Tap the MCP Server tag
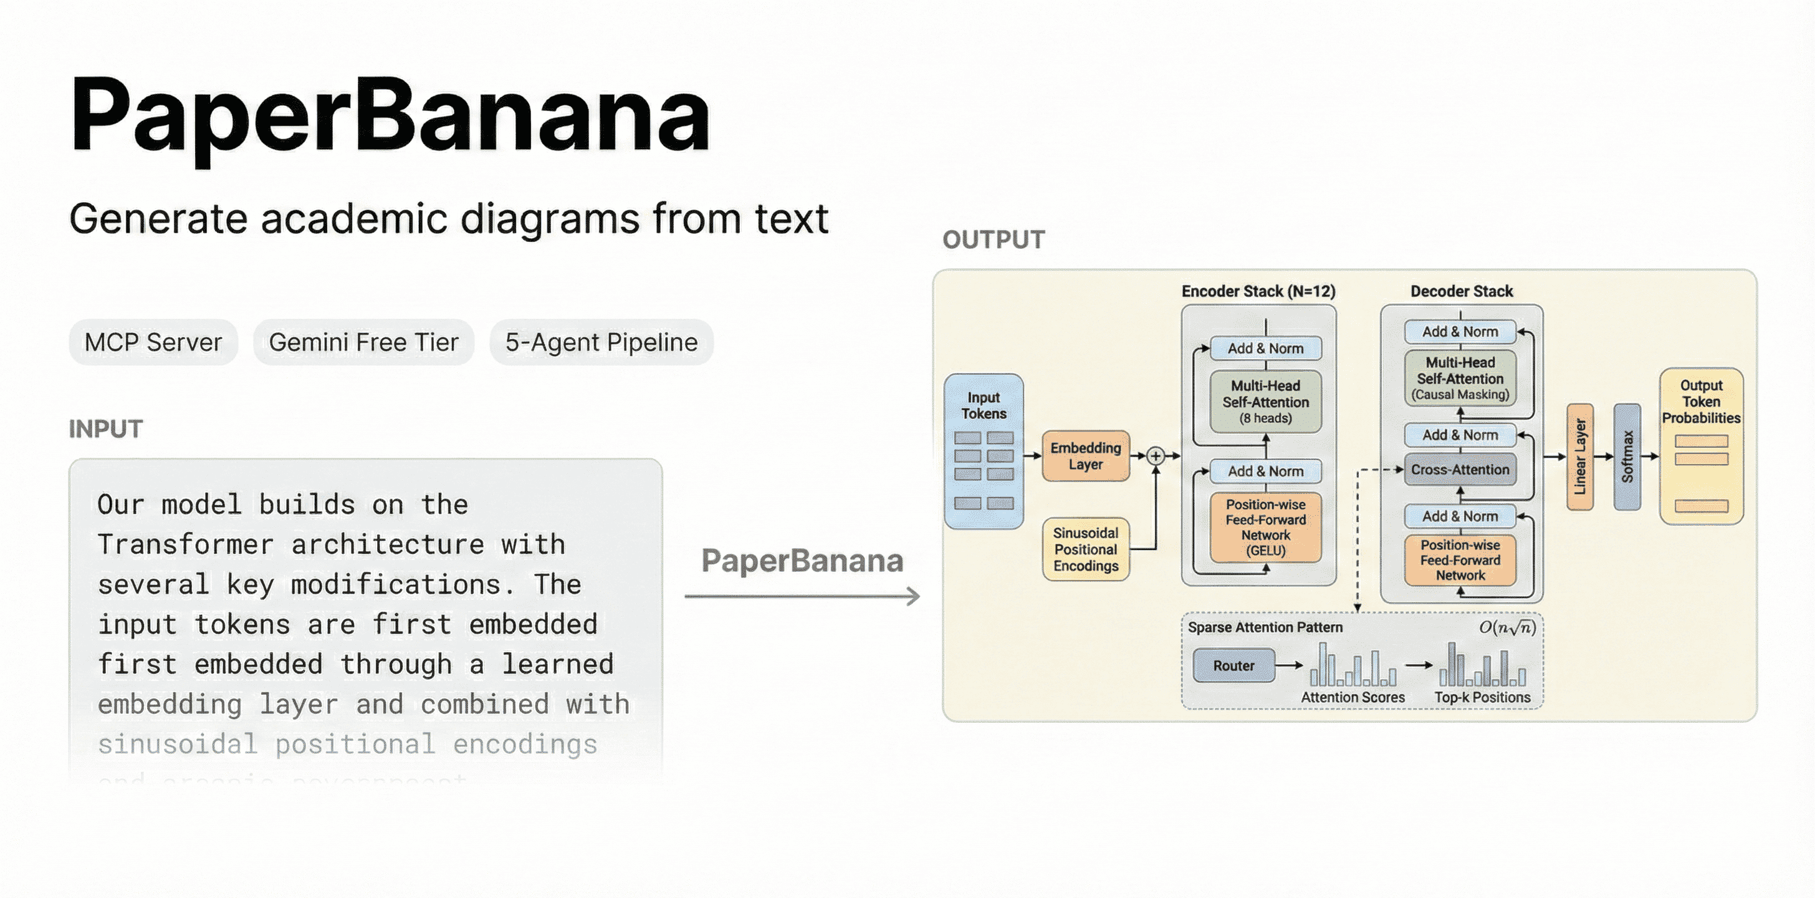[153, 342]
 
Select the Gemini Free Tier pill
[363, 342]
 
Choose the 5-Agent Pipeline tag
[601, 342]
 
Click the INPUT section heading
[106, 428]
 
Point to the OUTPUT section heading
[994, 239]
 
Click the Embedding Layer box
[1085, 456]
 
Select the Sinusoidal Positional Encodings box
[1085, 549]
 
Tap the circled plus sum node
[1156, 456]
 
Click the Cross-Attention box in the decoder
[1460, 470]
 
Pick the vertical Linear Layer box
[1579, 456]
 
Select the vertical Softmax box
[1627, 456]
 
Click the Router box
[1233, 665]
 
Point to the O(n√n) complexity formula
[1506, 627]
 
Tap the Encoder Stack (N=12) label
[1258, 291]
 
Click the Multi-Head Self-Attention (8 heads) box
[1265, 402]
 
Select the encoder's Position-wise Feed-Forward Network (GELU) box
[1265, 527]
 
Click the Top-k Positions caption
[1482, 697]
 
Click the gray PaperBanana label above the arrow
[802, 561]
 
